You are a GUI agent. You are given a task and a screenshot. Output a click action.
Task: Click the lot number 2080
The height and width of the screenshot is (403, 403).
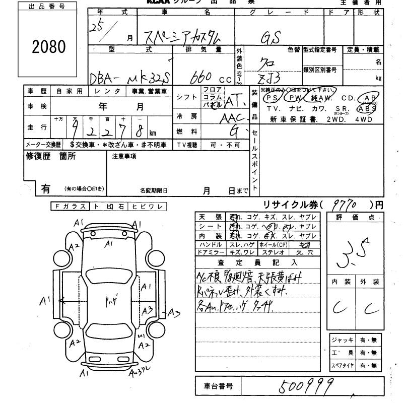[x=49, y=47]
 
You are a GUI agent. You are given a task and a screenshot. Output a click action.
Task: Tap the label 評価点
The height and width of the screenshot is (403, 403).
[x=357, y=217]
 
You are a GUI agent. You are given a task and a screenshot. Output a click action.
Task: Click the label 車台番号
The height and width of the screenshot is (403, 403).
[x=218, y=386]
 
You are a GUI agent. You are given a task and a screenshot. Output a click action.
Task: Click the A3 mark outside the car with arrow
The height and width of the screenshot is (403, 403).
[x=174, y=313]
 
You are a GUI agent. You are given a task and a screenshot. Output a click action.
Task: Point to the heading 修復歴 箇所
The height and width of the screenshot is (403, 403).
[x=51, y=156]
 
